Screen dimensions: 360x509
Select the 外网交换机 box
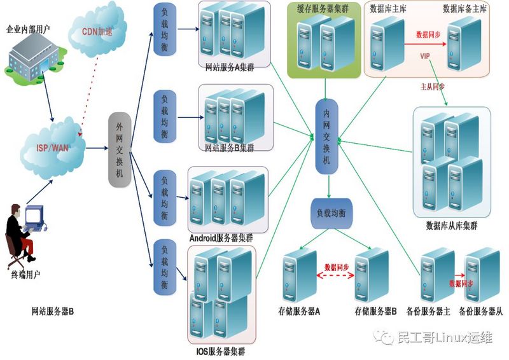pyautogui.click(x=120, y=150)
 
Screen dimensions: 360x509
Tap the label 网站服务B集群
pyautogui.click(x=229, y=148)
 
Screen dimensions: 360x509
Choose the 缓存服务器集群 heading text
pyautogui.click(x=323, y=8)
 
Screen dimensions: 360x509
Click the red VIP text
pyautogui.click(x=426, y=57)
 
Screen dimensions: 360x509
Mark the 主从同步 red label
pyautogui.click(x=432, y=84)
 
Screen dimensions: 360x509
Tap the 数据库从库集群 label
pyautogui.click(x=451, y=226)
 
